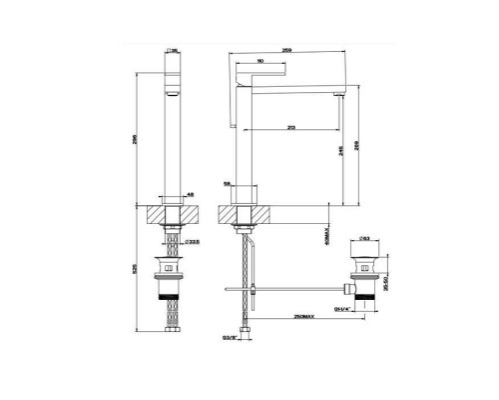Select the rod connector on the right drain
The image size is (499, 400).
349,290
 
